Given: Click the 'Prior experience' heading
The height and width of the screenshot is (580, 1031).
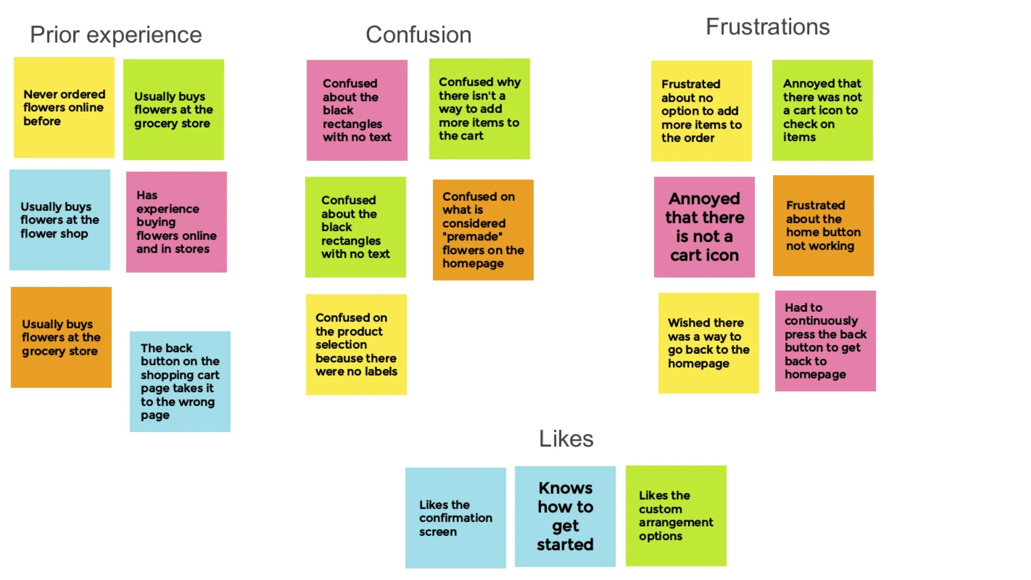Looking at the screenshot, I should click(116, 35).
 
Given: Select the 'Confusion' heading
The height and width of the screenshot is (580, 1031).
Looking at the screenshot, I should click(418, 35).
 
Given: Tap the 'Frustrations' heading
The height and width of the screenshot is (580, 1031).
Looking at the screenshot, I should click(767, 27).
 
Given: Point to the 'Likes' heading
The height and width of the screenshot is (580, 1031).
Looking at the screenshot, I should click(566, 439).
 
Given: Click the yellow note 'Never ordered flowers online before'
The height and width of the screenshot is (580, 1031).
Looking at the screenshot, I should click(64, 107).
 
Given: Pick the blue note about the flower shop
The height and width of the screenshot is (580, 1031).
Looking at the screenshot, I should click(60, 220).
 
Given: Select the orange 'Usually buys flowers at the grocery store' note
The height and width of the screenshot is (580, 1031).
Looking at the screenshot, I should click(61, 337).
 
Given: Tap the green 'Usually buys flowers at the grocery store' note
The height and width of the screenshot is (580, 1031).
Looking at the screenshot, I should click(174, 110).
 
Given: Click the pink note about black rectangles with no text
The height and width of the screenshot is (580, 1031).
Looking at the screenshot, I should click(357, 110).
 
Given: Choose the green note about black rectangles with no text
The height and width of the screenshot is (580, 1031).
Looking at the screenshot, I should click(355, 227).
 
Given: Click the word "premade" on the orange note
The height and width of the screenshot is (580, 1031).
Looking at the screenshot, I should click(472, 237).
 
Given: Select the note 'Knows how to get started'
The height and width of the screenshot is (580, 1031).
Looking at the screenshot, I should click(565, 516).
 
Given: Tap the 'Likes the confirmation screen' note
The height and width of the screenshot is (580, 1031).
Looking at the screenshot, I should click(455, 518).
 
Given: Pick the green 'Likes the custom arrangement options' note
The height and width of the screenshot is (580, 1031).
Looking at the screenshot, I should click(676, 516).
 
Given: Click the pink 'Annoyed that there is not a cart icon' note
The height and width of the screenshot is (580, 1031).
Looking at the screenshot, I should click(704, 227).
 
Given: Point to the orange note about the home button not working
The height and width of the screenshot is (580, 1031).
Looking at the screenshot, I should click(823, 226).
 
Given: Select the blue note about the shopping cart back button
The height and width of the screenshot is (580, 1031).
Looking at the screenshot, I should click(180, 382).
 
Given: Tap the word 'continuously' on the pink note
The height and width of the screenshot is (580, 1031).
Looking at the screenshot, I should click(821, 321).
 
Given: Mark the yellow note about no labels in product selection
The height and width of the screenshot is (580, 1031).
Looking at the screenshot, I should click(356, 344).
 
